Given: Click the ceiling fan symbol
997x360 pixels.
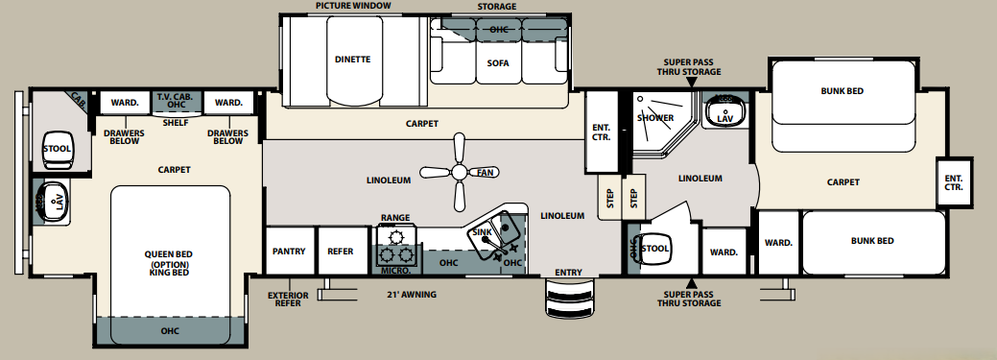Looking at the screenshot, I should pos(461,172).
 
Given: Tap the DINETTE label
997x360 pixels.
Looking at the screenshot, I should pos(352,60).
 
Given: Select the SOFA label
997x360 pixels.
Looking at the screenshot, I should pos(497,63).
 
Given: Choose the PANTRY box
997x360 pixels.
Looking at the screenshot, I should pos(289,252).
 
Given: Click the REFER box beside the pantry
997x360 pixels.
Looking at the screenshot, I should pos(341,252).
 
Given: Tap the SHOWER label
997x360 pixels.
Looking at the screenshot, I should pos(655,118).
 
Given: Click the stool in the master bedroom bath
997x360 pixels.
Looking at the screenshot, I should pos(56,149).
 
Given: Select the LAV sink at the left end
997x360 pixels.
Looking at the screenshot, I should pos(53,202).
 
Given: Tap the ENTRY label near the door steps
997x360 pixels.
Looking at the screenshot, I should pos(567,273).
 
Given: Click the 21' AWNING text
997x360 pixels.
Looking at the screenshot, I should pos(410,294).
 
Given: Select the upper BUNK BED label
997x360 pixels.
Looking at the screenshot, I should pos(842,91).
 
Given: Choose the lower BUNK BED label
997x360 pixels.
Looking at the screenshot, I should pos(872,240).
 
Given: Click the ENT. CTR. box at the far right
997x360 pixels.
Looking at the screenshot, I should pos(953,181).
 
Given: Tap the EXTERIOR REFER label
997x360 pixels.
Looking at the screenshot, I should pos(289,299).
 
